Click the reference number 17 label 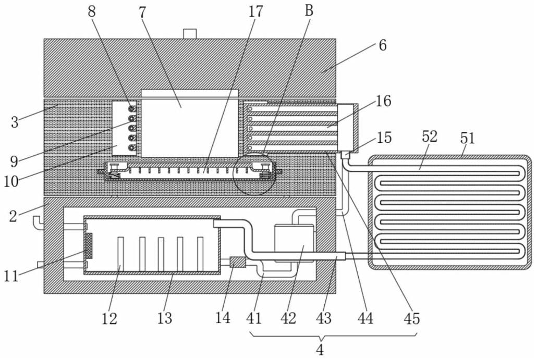(256, 11)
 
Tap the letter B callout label (309, 10)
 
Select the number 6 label (383, 45)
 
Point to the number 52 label (430, 136)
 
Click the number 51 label (468, 138)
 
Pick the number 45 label (412, 318)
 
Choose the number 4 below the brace (320, 350)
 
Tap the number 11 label (11, 276)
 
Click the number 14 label (223, 318)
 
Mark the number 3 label (15, 122)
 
